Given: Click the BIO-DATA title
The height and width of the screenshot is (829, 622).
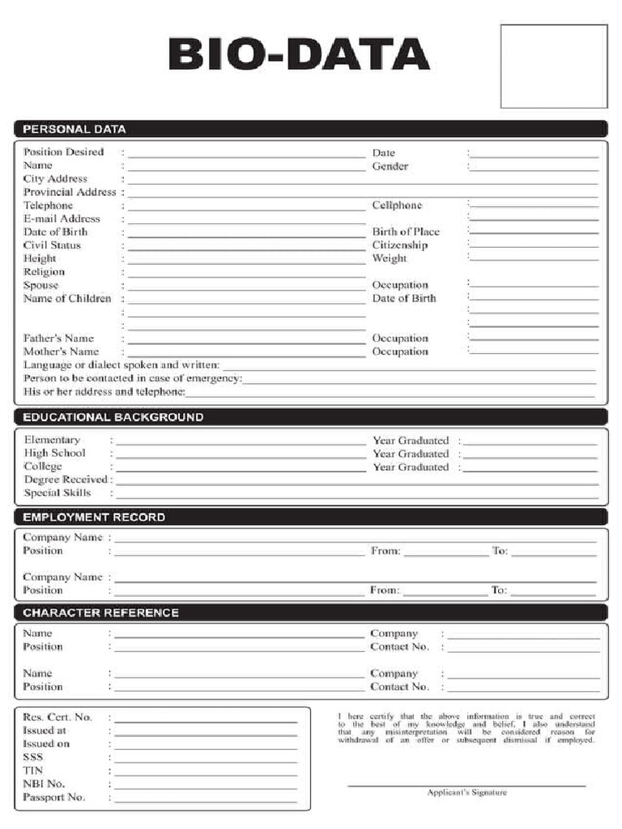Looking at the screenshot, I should point(299,55).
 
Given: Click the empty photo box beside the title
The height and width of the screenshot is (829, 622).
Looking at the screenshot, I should point(553,66).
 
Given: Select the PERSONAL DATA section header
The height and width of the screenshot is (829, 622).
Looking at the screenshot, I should point(75,129).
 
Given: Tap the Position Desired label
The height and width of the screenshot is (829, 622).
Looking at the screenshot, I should point(64,152).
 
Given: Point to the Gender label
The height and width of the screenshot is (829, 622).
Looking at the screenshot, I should point(390,166).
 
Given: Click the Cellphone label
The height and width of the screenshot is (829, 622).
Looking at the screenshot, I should point(397,206).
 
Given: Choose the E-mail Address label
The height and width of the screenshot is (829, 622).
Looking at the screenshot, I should point(62,219).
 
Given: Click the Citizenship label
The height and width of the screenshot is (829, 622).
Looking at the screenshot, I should point(400,245).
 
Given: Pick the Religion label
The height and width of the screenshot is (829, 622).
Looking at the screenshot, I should point(44,272).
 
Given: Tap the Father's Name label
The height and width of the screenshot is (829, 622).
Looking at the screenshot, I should point(58,338).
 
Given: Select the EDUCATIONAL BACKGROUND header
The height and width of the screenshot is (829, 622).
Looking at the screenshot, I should point(113,418).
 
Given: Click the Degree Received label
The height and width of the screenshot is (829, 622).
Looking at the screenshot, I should point(66,479).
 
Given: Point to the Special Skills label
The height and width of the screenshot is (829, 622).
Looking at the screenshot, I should point(58,493).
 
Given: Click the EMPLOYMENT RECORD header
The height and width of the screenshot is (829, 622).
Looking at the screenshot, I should point(94,517).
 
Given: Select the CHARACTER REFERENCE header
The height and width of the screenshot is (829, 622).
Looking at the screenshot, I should point(101,613).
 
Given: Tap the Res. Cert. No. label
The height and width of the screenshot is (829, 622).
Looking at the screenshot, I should point(58,717).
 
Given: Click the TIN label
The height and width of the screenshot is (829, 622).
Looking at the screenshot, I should point(33,771).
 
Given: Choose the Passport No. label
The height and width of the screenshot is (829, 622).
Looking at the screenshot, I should point(54,797).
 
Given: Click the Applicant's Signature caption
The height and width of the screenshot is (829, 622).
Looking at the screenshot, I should point(467,793).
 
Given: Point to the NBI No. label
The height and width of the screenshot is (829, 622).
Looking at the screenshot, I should point(45,784).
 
